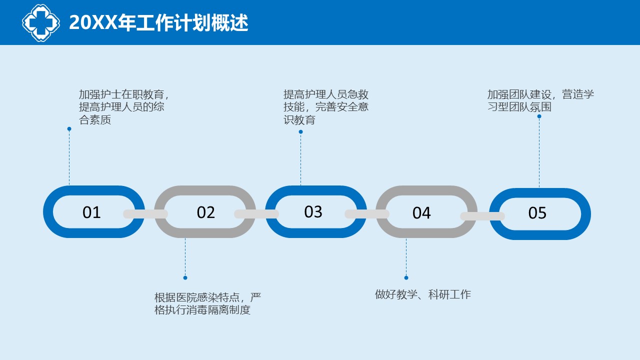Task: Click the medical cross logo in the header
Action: point(41,22)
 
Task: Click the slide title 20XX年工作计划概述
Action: point(158,22)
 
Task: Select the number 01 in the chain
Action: point(91,212)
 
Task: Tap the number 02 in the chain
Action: point(205,212)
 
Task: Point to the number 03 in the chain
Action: point(313,211)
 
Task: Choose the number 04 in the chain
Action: point(421,213)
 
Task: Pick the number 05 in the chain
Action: point(537,213)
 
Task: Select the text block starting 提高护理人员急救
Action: point(326,107)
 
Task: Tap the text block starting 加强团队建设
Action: point(540,100)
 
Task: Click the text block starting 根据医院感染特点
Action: point(207,303)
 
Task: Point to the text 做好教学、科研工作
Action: point(423,294)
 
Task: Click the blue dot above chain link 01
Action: point(69,129)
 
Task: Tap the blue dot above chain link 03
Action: point(300,131)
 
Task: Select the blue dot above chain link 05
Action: point(539,116)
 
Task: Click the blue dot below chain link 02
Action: point(185,277)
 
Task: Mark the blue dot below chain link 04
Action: point(406,277)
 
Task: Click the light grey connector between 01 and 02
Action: point(145,214)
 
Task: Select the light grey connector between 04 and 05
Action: point(482,216)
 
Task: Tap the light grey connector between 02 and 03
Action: point(256,214)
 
